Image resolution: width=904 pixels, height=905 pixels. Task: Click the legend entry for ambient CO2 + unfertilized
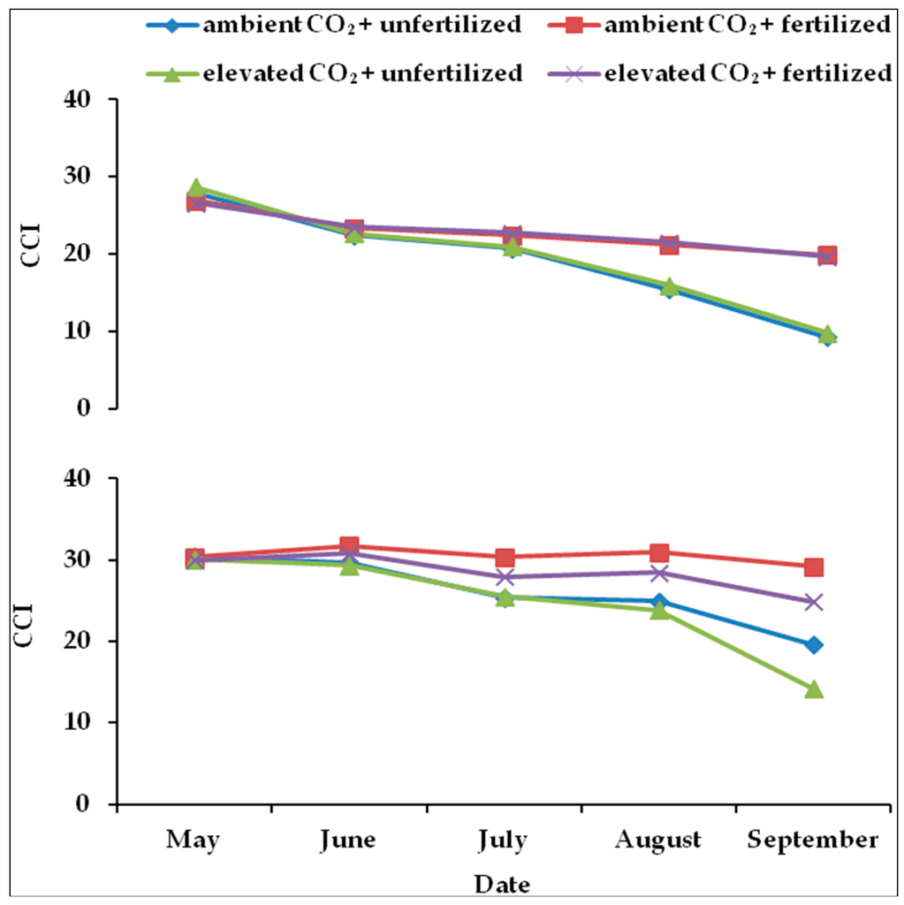click(333, 25)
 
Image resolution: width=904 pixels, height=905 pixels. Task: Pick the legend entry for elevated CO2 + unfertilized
click(333, 73)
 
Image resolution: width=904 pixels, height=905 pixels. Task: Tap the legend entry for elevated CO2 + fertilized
click(724, 73)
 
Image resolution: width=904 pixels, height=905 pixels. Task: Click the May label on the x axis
click(194, 839)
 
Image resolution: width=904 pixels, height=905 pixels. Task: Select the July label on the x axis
click(504, 839)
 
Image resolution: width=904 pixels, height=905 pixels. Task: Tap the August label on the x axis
click(659, 839)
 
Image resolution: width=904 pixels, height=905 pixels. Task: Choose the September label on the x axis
click(814, 839)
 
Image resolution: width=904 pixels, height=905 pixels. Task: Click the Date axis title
click(503, 883)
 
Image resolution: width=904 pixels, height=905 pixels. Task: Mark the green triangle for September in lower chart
click(814, 688)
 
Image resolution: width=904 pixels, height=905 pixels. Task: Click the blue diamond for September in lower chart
click(814, 645)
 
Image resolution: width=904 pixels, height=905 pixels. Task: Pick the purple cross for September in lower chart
click(814, 602)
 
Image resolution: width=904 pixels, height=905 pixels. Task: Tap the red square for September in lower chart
click(814, 567)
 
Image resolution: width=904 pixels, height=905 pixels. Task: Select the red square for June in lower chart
click(349, 546)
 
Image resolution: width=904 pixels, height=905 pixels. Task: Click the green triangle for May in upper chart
click(195, 187)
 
